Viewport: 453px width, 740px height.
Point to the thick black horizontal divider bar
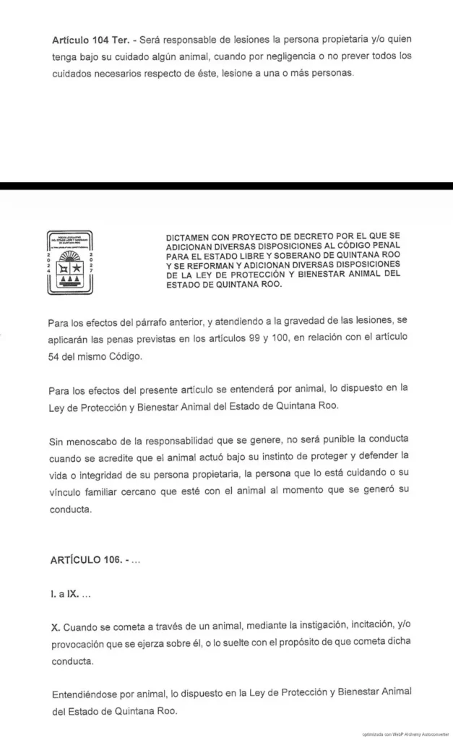click(x=226, y=186)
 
